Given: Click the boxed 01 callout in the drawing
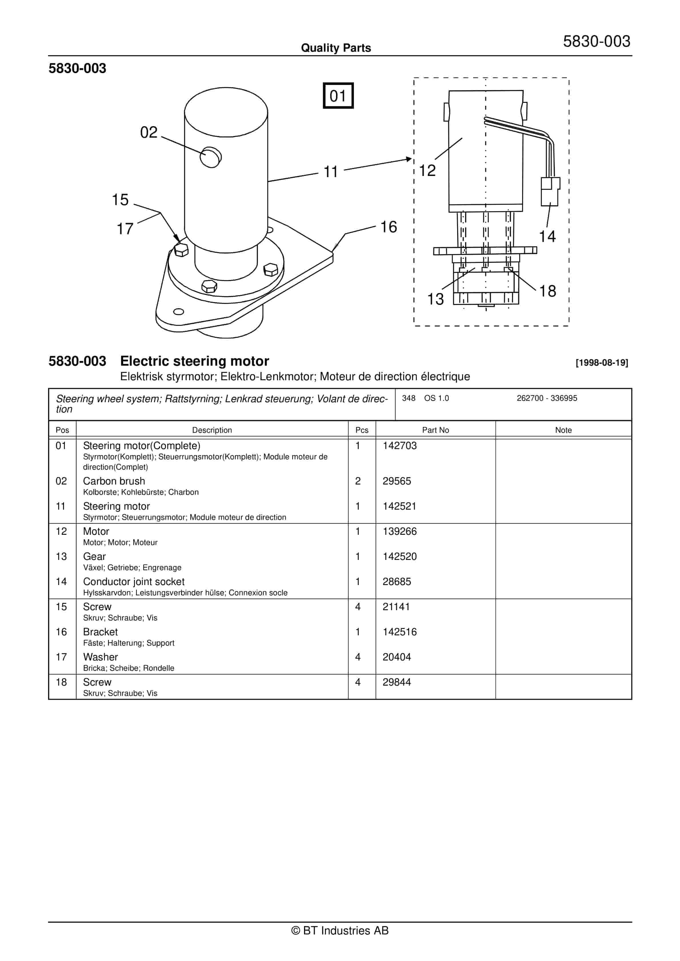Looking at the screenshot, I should tap(338, 96).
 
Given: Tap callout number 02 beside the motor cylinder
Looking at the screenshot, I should tap(149, 132).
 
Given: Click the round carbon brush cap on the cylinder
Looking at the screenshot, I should tap(211, 157).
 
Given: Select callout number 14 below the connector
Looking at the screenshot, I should tap(547, 237).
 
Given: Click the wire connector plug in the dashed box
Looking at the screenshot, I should tap(550, 191).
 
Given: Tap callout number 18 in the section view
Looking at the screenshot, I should tap(547, 291).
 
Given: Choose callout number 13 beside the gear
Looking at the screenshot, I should tap(435, 299).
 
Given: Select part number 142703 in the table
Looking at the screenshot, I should tap(399, 446).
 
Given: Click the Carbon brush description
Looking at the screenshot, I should tap(114, 481).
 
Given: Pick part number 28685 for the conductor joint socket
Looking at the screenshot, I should tap(397, 582).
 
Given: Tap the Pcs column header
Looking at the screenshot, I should tap(361, 430).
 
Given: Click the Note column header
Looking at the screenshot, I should tap(563, 430).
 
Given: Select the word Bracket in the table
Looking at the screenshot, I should tap(100, 632).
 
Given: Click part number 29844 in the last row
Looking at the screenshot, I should tap(397, 682).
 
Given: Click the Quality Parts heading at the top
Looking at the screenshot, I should tap(336, 48).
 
